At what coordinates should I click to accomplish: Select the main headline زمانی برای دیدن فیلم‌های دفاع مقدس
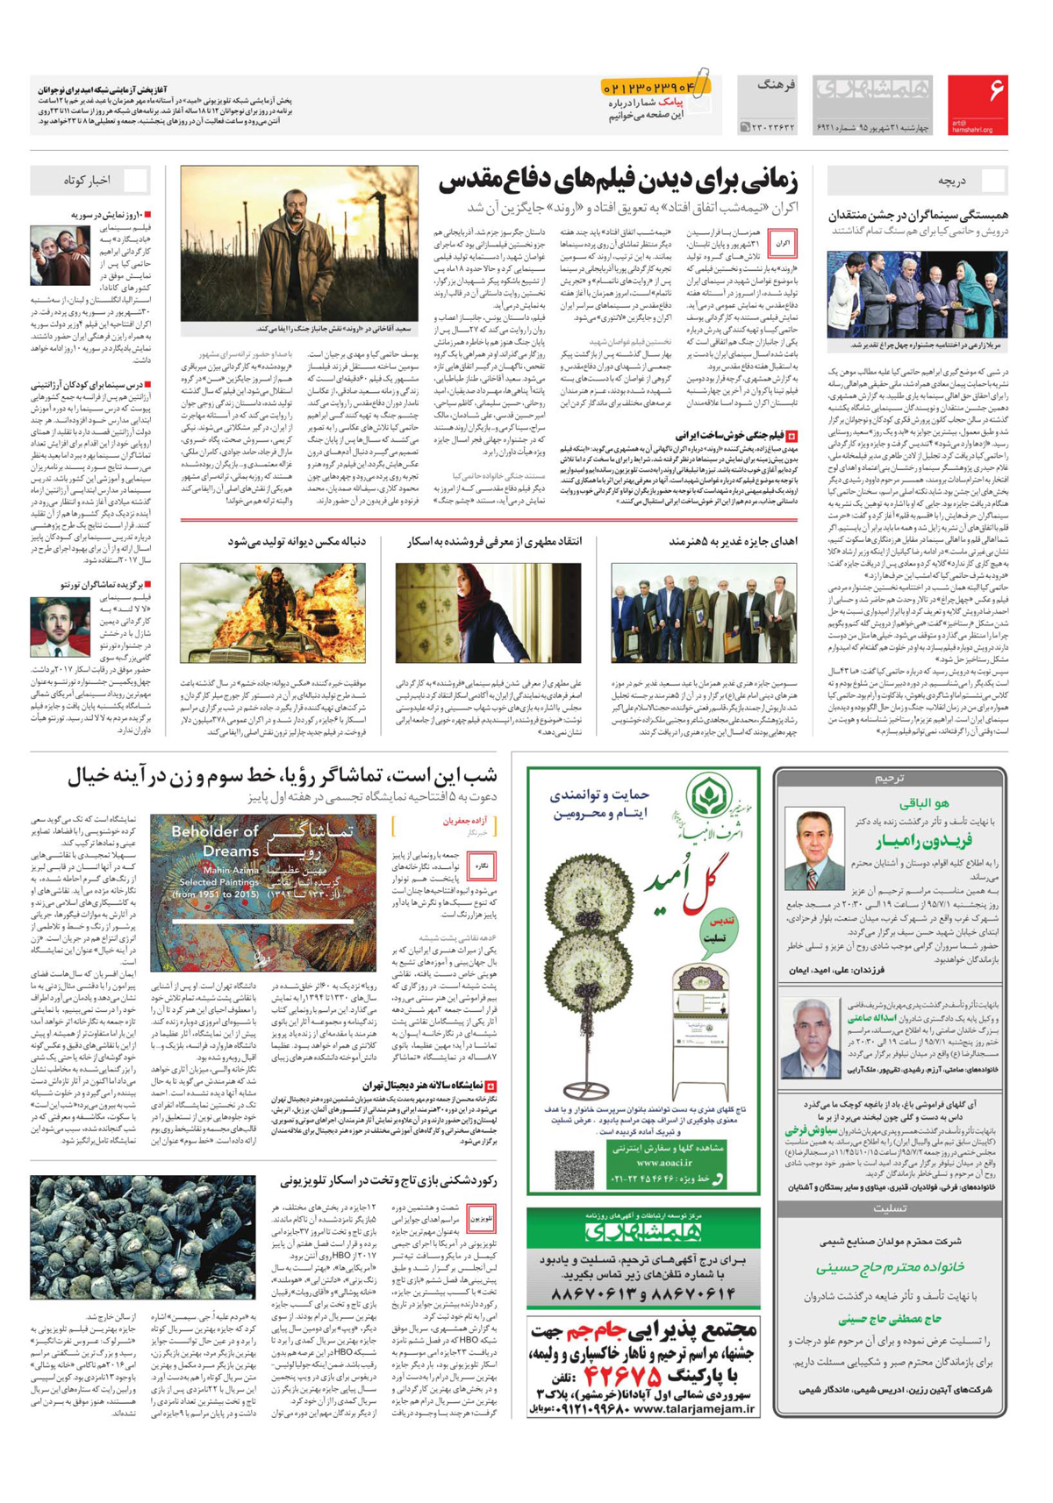coord(619,182)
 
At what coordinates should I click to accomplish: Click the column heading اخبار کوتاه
coord(88,181)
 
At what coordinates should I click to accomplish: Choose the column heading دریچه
coord(951,181)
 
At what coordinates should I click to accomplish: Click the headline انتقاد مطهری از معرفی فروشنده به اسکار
coord(494,542)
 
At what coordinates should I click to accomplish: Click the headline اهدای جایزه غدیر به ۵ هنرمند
coord(733,542)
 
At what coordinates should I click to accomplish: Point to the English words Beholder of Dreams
coord(215,841)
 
